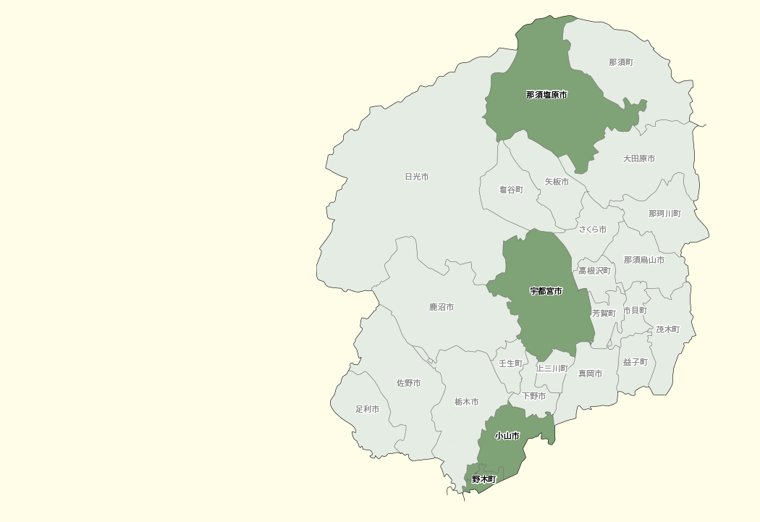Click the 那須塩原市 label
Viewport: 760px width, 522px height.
coord(546,95)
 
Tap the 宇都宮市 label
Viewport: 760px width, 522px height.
coord(546,291)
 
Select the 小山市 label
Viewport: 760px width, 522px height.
coord(507,436)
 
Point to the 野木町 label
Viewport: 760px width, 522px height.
coord(484,479)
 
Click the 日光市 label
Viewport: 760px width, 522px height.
coord(417,177)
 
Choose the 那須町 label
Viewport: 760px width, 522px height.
coord(621,62)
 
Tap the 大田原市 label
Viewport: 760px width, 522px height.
coord(639,159)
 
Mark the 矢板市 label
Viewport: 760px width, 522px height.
coord(557,182)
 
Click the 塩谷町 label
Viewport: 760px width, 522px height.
coord(511,190)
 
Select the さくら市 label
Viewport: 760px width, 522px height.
coord(592,230)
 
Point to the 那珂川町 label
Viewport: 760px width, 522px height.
coord(664,214)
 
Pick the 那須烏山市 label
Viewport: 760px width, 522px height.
coord(643,260)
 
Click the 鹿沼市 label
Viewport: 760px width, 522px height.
coord(442,307)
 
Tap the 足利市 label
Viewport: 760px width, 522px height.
coord(367,409)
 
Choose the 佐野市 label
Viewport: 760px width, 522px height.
coord(408,383)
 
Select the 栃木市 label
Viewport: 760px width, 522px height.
coord(466,402)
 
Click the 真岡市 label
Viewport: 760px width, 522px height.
coord(590,374)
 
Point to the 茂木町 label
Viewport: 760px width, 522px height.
coord(668,329)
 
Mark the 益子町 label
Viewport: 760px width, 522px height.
coord(635,362)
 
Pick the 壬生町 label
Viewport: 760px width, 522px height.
coord(510,363)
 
